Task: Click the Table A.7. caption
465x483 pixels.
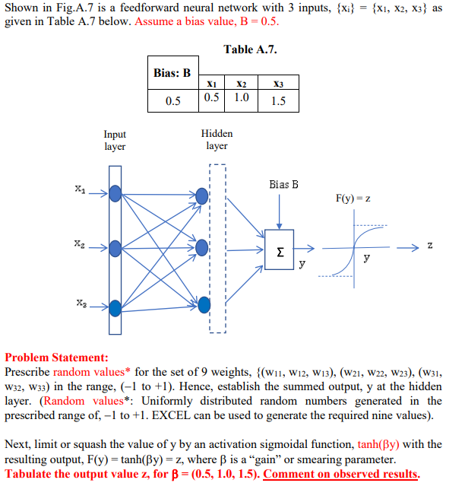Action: (250, 49)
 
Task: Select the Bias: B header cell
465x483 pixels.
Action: (172, 73)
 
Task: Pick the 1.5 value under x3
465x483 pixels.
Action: (278, 100)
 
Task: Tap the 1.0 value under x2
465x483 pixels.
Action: (242, 98)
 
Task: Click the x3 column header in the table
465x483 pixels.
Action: (278, 83)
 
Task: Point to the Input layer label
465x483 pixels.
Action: (115, 140)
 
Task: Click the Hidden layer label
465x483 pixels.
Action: (217, 140)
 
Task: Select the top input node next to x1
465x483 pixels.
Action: (115, 194)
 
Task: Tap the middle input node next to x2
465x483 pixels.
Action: (115, 248)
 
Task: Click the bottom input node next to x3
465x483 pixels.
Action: (115, 307)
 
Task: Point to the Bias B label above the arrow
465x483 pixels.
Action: (283, 184)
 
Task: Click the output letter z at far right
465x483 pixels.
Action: (430, 246)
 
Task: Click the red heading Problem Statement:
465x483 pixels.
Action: (57, 357)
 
